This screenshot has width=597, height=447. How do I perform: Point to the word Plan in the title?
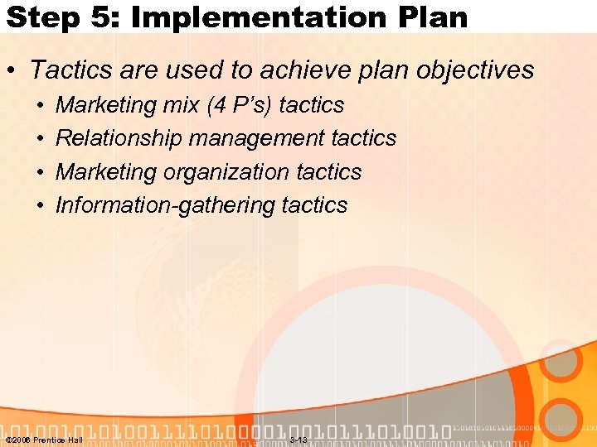(x=431, y=17)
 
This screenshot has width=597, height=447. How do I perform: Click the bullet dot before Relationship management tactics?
(x=41, y=139)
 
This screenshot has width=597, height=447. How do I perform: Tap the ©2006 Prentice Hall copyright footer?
(x=44, y=440)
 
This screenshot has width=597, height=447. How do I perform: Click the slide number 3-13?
(x=298, y=440)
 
